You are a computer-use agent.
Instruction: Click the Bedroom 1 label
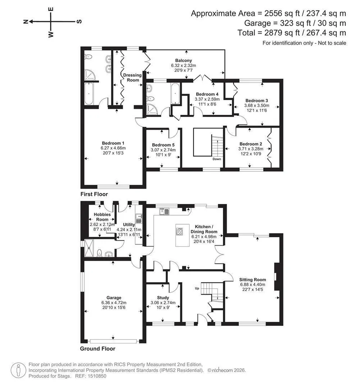113,143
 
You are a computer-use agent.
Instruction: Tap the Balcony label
183,61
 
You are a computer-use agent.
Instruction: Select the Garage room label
114,298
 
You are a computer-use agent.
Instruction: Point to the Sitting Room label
252,280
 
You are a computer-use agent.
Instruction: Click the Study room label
163,298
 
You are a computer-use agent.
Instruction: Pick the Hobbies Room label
102,217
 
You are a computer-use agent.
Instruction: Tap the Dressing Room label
132,78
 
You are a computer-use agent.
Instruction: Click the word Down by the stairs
217,159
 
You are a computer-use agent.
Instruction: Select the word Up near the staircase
197,288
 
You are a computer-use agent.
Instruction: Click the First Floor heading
94,194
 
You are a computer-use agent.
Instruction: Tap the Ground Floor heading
97,349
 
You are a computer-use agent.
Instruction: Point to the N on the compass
26,22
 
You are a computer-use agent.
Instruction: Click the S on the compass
79,21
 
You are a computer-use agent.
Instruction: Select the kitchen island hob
179,231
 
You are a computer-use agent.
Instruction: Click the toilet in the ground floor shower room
99,253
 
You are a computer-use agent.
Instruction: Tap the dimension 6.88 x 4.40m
252,284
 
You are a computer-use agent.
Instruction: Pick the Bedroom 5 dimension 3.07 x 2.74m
163,150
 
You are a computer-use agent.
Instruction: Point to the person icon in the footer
18,370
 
